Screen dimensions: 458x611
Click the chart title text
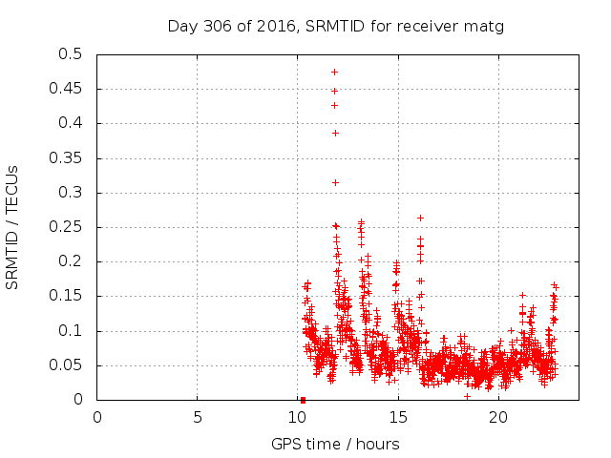[335, 27]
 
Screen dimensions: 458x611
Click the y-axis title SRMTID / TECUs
[12, 227]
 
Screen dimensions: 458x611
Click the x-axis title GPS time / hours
[335, 444]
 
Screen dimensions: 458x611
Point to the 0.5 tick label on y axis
[71, 54]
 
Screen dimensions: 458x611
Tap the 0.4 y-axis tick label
[71, 123]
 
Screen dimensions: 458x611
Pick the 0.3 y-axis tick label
[71, 193]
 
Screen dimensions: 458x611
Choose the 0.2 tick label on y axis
[71, 261]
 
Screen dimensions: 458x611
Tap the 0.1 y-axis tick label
[71, 331]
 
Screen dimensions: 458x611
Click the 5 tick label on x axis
[198, 417]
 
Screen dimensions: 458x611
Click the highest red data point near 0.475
[334, 72]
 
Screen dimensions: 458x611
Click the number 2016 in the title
[276, 27]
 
